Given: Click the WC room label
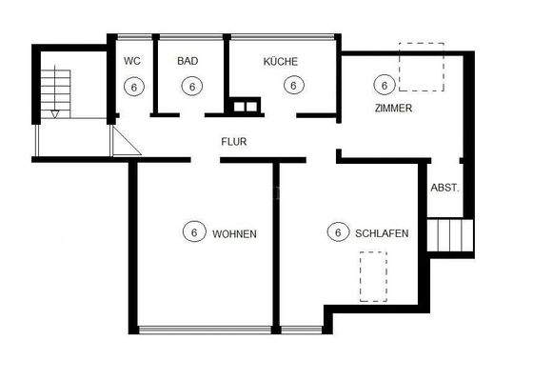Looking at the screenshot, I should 132,61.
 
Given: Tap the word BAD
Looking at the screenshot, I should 188,61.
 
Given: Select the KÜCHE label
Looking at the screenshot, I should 281,61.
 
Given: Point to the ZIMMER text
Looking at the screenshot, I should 392,109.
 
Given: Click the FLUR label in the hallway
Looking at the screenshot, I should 234,141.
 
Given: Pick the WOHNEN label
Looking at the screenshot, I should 234,232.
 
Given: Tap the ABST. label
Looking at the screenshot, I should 444,188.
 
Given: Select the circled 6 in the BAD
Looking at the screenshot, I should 192,86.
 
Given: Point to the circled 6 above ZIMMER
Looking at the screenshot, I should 384,85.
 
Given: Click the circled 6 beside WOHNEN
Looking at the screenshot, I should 193,231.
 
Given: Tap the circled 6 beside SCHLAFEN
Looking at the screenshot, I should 337,231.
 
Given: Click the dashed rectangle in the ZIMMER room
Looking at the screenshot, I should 421,67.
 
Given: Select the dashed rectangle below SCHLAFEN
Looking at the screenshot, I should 373,276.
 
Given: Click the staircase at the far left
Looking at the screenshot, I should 58,90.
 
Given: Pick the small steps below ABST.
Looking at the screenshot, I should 449,233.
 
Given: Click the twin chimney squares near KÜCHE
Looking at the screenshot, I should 245,106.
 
